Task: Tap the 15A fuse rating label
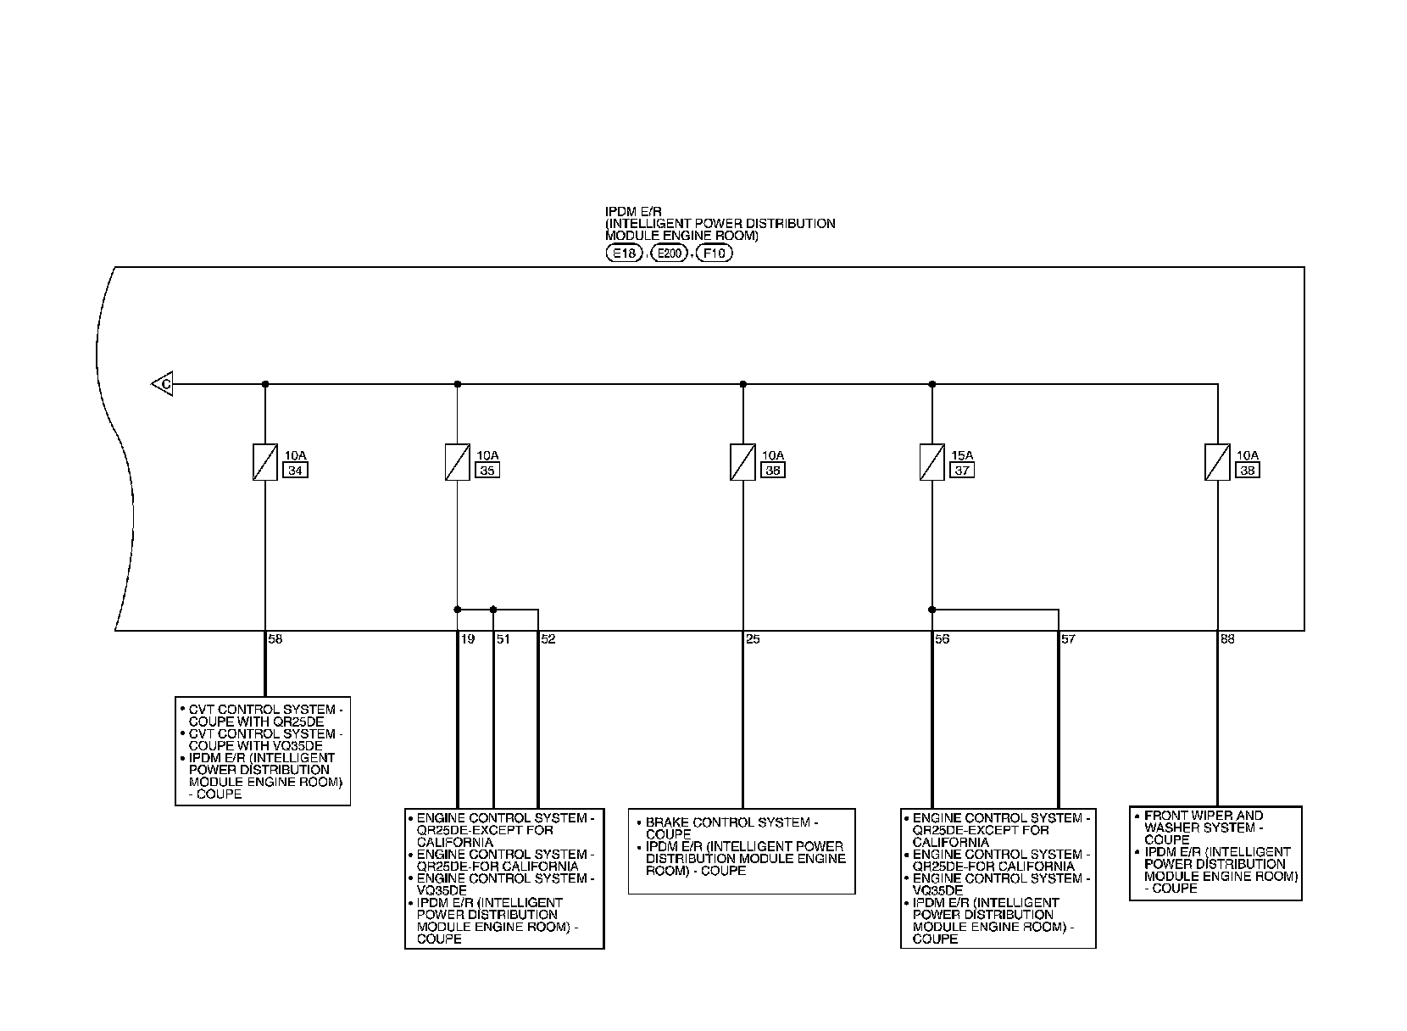(x=962, y=455)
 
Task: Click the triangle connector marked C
(x=163, y=385)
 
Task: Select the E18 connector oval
(x=625, y=253)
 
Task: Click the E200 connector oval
(x=670, y=253)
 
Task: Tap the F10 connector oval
(x=714, y=253)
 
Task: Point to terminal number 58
(x=275, y=639)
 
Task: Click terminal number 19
(x=468, y=639)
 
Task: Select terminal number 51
(x=503, y=639)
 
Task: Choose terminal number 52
(x=548, y=639)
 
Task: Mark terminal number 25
(x=753, y=639)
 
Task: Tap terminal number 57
(x=1068, y=639)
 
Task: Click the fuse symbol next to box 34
(x=265, y=463)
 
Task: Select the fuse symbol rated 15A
(x=932, y=463)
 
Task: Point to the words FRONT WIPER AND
(x=1204, y=816)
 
